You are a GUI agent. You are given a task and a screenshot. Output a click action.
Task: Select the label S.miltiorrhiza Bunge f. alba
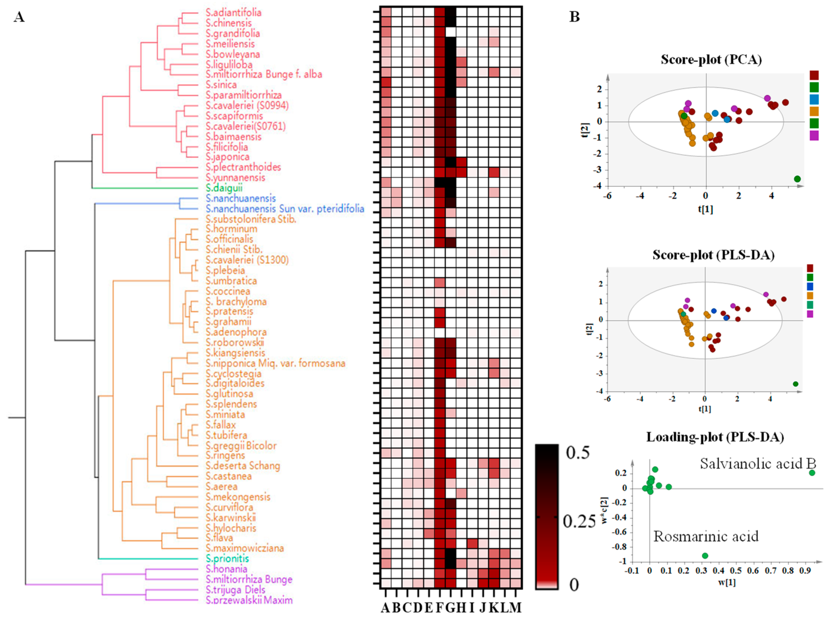[x=264, y=74]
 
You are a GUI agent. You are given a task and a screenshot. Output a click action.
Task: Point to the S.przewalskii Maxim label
[x=249, y=600]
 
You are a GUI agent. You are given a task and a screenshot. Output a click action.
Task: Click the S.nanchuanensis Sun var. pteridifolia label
[x=285, y=209]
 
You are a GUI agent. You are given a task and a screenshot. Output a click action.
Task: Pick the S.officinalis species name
[x=229, y=239]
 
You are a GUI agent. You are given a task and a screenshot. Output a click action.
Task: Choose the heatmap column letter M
[x=515, y=608]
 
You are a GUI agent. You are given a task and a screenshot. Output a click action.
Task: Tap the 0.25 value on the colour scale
[x=579, y=521]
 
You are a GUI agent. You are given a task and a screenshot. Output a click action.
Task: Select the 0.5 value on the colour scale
[x=578, y=452]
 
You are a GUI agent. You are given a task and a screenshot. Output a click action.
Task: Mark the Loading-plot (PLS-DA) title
[x=715, y=437]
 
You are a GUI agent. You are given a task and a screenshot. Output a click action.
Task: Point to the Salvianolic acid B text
[x=757, y=464]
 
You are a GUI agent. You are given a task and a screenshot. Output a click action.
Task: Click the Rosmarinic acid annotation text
[x=706, y=536]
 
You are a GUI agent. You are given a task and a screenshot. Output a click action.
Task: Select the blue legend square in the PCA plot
[x=814, y=99]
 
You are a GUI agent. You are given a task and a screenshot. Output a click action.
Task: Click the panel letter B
[x=574, y=17]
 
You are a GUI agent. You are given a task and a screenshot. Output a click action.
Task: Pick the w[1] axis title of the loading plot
[x=727, y=582]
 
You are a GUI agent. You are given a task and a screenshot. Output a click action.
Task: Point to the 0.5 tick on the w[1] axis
[x=736, y=571]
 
